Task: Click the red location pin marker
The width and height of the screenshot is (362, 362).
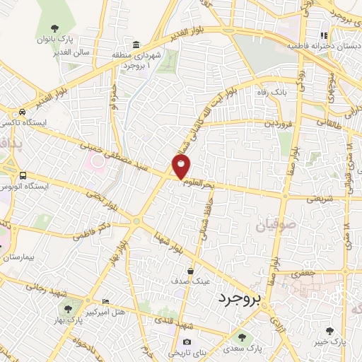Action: point(182,167)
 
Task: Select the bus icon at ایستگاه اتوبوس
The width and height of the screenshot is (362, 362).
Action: point(23,175)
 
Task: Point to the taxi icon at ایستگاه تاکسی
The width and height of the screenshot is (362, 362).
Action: point(23,112)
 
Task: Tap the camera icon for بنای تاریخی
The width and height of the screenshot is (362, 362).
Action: point(187,342)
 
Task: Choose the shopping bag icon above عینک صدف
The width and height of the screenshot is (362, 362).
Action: point(191,271)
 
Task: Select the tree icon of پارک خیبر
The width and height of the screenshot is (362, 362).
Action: point(330,330)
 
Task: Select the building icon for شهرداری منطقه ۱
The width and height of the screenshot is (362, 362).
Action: point(136,45)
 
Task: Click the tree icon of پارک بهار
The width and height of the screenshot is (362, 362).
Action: point(69,308)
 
